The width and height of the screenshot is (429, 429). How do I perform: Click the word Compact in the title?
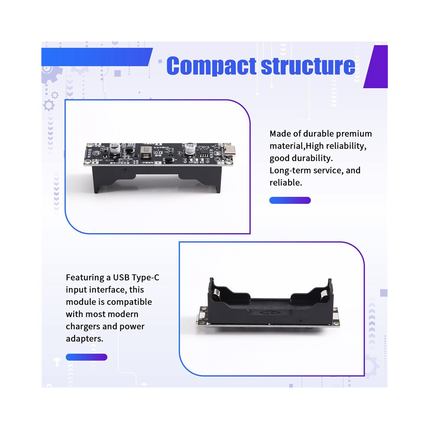(x=211, y=66)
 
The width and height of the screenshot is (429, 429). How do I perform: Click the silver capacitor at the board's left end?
(x=115, y=149)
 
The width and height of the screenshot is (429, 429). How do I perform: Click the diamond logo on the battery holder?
(x=264, y=313)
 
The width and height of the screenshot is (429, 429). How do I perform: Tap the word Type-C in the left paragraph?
(x=145, y=278)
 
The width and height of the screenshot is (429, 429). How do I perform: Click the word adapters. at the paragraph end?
(x=84, y=339)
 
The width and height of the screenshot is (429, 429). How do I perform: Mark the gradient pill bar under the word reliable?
(x=290, y=200)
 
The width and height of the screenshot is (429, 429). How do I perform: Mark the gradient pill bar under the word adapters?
(x=87, y=357)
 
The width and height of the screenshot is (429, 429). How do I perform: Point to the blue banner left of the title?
(x=97, y=57)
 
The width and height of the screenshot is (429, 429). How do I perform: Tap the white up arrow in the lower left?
(x=57, y=362)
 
